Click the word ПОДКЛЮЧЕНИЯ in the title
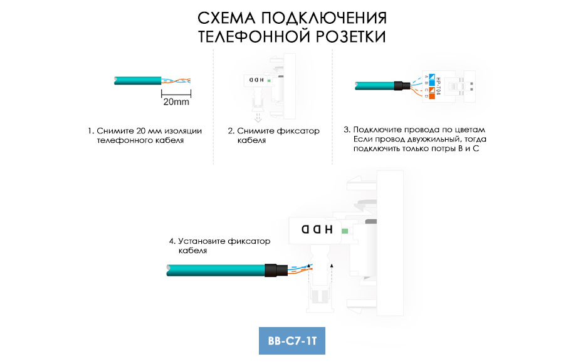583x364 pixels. (323, 18)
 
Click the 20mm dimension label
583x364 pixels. (176, 101)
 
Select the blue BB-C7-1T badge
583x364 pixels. (292, 341)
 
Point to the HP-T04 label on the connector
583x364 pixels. (438, 86)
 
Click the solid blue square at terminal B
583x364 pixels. (432, 83)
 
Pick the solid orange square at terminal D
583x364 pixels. (432, 96)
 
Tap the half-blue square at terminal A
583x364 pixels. (432, 76)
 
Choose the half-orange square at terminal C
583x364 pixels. (432, 90)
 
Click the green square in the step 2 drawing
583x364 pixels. (268, 80)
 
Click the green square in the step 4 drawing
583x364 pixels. (345, 231)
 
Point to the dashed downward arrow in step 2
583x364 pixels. (258, 118)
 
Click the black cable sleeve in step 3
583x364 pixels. (402, 86)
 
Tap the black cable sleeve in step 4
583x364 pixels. (276, 270)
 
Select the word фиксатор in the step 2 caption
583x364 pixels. (297, 131)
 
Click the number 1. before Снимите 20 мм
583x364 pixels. (91, 131)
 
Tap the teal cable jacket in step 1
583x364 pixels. (137, 80)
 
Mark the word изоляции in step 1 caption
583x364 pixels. (183, 131)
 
